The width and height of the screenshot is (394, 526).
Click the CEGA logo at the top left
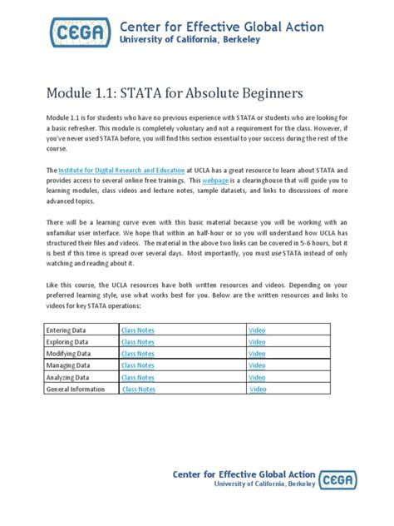click(80, 34)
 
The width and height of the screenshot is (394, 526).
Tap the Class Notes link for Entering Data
click(137, 330)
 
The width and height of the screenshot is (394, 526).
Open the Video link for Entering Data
click(258, 330)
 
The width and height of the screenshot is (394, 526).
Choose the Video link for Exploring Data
click(258, 342)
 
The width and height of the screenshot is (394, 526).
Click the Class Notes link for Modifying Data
click(137, 354)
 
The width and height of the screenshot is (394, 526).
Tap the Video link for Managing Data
click(258, 365)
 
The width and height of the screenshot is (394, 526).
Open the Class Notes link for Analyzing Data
click(137, 377)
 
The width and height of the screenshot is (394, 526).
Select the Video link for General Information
click(259, 389)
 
